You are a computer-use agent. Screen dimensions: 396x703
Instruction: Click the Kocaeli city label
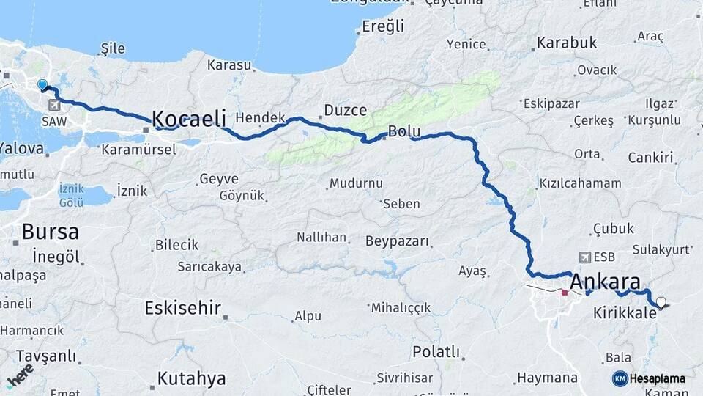pyautogui.click(x=189, y=119)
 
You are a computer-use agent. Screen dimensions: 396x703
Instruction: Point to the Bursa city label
pyautogui.click(x=50, y=232)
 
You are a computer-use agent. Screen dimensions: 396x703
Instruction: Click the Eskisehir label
pyautogui.click(x=183, y=308)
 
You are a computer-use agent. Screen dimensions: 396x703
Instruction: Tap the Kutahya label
pyautogui.click(x=192, y=379)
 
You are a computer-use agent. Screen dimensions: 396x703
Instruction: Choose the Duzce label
pyautogui.click(x=345, y=111)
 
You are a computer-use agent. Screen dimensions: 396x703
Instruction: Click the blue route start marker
pyautogui.click(x=42, y=85)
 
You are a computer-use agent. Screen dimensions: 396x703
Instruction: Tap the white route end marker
pyautogui.click(x=661, y=301)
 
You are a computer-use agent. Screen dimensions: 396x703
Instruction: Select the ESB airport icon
pyautogui.click(x=585, y=257)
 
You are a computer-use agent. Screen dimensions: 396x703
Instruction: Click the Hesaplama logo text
pyautogui.click(x=657, y=378)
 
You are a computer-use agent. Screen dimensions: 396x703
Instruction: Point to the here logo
pyautogui.click(x=20, y=375)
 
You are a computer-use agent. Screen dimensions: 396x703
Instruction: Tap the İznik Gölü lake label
pyautogui.click(x=72, y=196)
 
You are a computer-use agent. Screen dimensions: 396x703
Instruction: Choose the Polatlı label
pyautogui.click(x=436, y=351)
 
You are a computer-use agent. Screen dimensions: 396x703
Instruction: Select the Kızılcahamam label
pyautogui.click(x=580, y=183)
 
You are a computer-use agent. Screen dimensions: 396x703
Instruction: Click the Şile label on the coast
pyautogui.click(x=113, y=48)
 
